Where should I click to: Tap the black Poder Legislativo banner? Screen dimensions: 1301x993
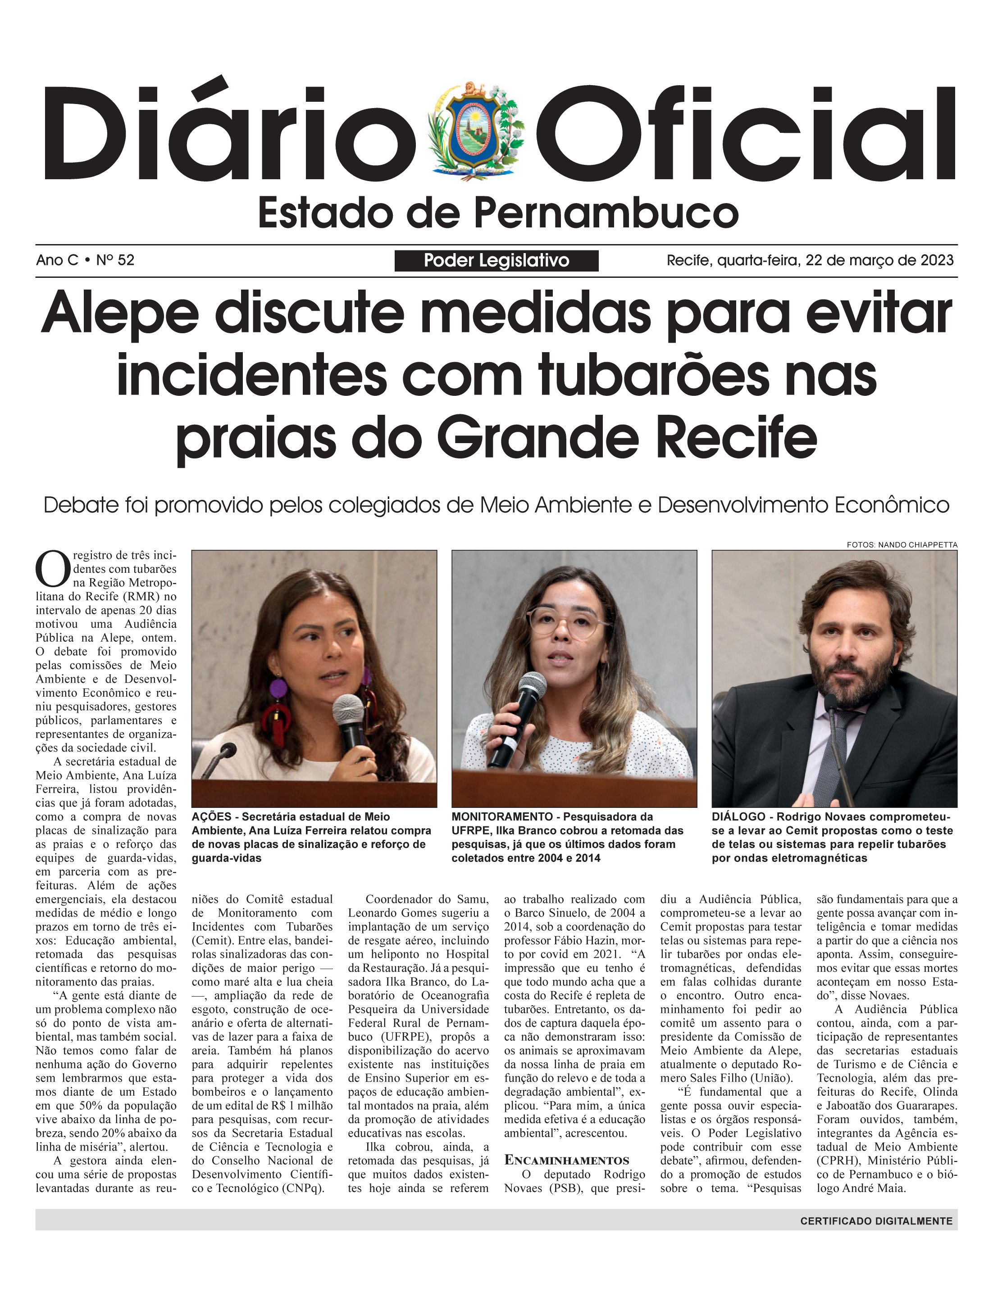tap(496, 261)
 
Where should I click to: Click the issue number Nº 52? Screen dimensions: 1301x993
tap(115, 261)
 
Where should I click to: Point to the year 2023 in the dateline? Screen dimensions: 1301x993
tap(937, 261)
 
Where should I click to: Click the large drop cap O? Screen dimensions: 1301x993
tap(53, 568)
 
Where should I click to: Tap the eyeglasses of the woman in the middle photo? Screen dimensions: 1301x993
tap(567, 623)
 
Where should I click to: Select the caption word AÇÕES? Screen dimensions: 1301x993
tap(211, 817)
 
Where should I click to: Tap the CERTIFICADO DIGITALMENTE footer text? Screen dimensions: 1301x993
tap(876, 1221)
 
